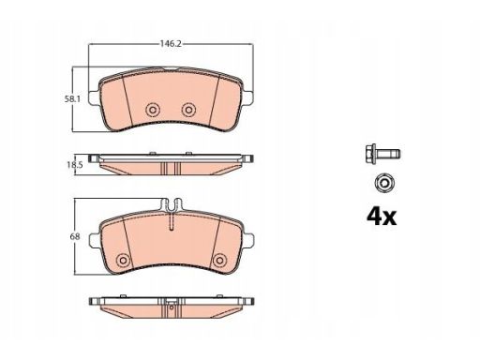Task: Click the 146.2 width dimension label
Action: [171, 44]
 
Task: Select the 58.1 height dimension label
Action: [72, 99]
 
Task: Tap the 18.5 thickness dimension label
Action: [75, 165]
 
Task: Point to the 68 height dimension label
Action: [75, 236]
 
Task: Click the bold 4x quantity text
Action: [382, 217]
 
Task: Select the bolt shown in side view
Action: [382, 154]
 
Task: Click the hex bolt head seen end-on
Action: [383, 183]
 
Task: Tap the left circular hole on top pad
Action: [153, 110]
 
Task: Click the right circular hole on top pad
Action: [188, 110]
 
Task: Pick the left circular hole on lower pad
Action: [123, 260]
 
